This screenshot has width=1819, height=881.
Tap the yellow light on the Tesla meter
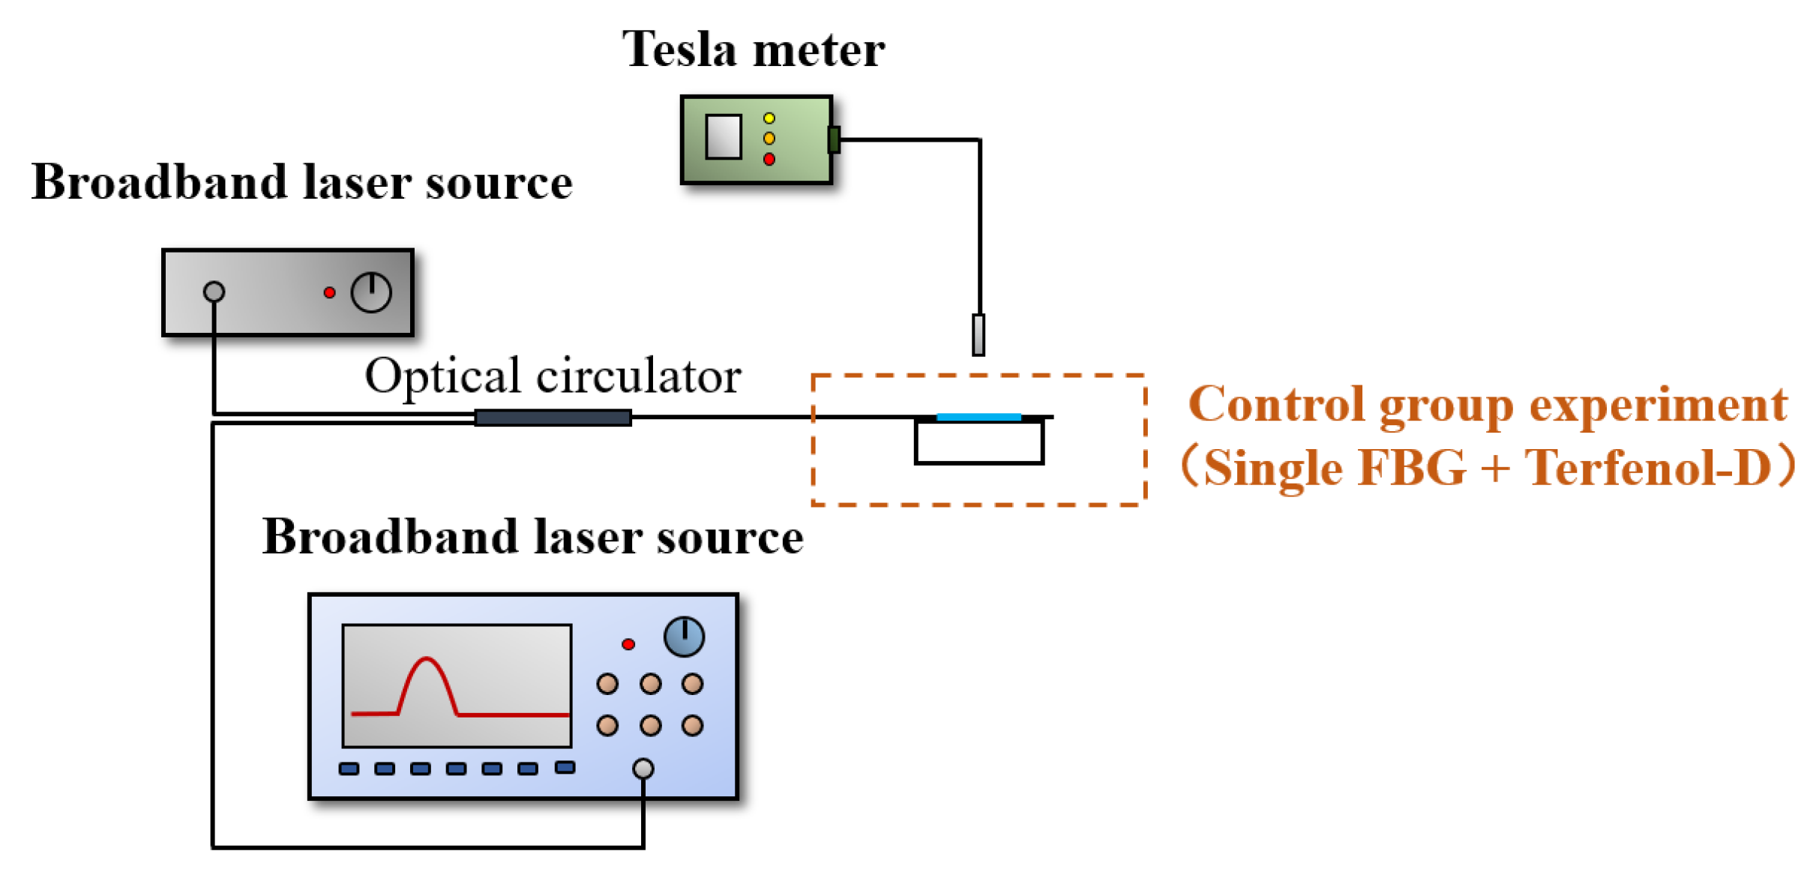click(x=769, y=118)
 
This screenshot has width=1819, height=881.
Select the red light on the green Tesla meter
click(x=769, y=159)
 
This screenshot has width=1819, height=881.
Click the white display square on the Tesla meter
click(x=723, y=136)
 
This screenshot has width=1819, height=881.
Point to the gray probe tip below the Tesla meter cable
click(x=978, y=334)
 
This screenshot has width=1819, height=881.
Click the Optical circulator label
click(x=553, y=376)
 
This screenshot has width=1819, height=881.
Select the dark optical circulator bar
click(x=553, y=418)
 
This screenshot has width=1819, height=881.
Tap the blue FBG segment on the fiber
click(x=978, y=416)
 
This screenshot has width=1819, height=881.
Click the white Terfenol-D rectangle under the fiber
click(x=978, y=442)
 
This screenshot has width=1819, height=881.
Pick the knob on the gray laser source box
click(x=371, y=292)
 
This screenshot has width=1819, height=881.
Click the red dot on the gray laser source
click(x=329, y=292)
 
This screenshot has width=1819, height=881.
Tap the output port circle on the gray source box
click(x=214, y=291)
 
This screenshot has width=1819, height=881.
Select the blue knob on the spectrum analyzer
click(x=683, y=637)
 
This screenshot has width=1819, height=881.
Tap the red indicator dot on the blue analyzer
click(x=628, y=644)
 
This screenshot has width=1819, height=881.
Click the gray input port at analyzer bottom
click(x=643, y=768)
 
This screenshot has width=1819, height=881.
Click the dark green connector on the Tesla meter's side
click(x=833, y=139)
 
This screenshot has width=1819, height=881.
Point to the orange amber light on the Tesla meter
click(x=769, y=138)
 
